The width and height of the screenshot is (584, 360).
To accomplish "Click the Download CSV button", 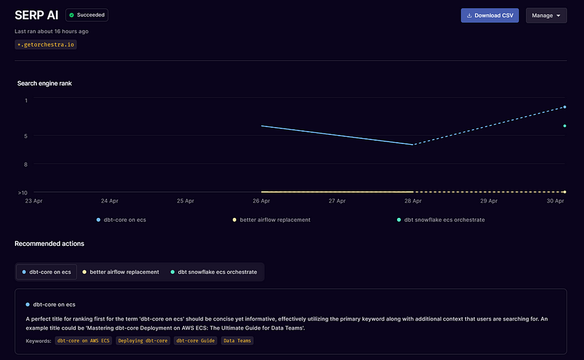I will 489,16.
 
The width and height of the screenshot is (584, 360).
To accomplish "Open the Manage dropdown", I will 546,16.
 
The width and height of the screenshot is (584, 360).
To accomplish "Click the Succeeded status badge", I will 87,15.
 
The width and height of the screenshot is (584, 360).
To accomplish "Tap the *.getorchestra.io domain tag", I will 45,45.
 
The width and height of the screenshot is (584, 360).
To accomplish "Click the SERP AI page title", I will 36,15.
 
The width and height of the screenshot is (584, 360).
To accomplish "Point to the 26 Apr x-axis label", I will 261,201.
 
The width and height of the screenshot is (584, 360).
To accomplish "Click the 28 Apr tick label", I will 413,201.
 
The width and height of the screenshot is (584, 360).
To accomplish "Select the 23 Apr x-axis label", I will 34,201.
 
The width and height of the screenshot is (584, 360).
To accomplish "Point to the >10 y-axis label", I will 23,193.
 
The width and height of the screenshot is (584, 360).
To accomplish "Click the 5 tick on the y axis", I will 26,136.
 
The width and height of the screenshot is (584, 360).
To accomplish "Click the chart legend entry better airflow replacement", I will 274,220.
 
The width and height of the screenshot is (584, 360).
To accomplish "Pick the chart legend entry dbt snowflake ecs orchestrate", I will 444,220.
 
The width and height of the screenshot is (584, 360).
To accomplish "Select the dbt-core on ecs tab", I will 47,272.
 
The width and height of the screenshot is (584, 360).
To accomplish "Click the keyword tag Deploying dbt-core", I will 143,341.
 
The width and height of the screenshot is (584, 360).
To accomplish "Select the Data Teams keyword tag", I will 237,341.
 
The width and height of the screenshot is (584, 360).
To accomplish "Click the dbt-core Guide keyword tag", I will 195,341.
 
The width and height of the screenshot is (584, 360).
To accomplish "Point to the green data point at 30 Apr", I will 565,126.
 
